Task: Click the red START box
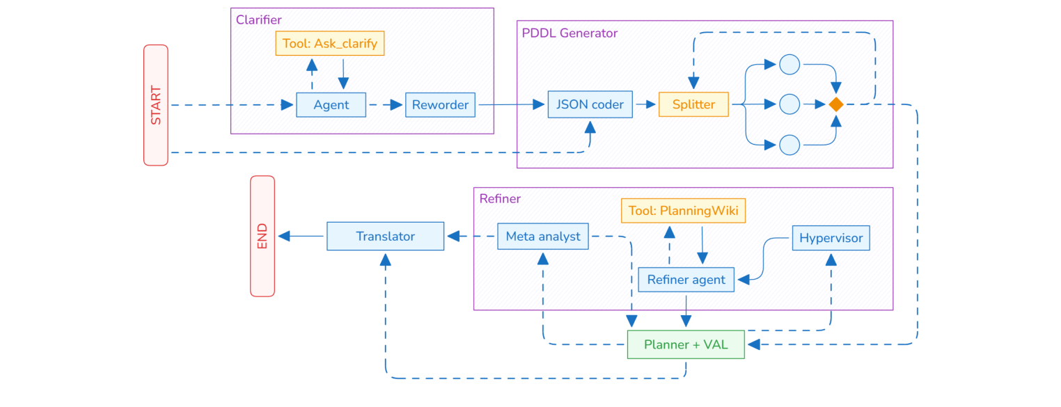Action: point(156,105)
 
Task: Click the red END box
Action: point(262,236)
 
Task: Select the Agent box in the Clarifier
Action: point(331,105)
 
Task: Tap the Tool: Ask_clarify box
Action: point(330,44)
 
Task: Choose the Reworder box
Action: point(440,105)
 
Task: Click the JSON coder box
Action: point(590,104)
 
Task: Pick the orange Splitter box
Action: point(693,104)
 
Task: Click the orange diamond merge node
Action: point(835,104)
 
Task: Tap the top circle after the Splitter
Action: point(789,65)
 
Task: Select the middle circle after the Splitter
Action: point(789,104)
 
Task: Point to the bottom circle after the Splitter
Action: point(789,145)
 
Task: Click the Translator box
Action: point(385,237)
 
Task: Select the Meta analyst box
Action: point(543,237)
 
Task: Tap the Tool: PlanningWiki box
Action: point(683,210)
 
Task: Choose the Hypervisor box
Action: point(831,238)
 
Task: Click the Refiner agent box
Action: point(686,280)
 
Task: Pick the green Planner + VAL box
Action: point(686,344)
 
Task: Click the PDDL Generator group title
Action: point(569,33)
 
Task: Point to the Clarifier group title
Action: point(259,20)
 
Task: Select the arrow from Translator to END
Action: point(301,237)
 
